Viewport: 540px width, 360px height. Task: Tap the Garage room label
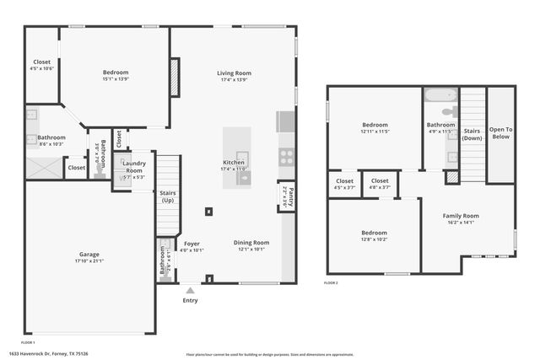pos(89,254)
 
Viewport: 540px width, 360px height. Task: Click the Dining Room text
pos(251,243)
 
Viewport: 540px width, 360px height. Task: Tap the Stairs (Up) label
pos(167,196)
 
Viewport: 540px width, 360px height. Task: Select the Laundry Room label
pos(134,167)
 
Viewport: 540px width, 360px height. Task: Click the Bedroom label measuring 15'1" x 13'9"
pos(116,73)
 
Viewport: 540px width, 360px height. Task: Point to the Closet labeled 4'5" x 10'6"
pos(41,62)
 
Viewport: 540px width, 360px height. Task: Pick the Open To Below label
pos(500,132)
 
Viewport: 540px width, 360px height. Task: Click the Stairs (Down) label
pos(472,134)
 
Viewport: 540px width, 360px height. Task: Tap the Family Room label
pos(461,216)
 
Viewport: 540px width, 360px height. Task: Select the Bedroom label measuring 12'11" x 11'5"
pos(375,125)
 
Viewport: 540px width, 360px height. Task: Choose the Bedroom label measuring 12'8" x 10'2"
pos(374,233)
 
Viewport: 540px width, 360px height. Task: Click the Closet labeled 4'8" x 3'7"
pos(380,180)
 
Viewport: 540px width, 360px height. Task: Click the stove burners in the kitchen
pos(286,156)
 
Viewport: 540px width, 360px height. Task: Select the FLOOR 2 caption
pos(331,283)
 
